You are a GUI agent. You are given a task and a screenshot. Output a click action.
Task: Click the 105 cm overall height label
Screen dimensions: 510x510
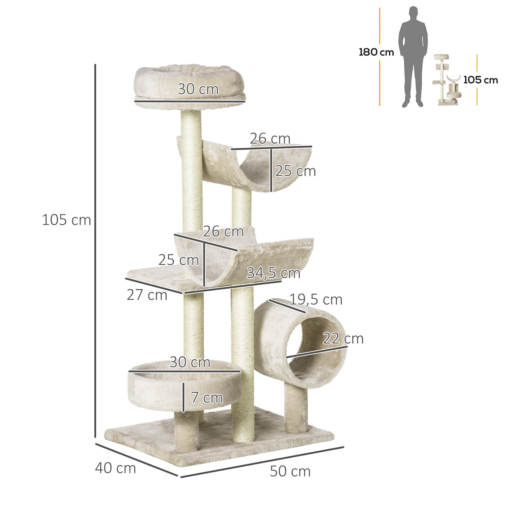(66, 220)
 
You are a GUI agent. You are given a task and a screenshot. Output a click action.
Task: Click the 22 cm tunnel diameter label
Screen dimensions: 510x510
(343, 339)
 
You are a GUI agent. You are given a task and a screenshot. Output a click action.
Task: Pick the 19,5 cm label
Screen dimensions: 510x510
(316, 300)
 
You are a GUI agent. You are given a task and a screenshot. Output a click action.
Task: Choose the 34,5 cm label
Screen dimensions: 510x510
(273, 273)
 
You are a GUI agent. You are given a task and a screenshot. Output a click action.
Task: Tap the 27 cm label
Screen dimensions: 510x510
(147, 295)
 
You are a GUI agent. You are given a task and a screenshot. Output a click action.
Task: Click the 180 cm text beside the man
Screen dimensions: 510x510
(376, 52)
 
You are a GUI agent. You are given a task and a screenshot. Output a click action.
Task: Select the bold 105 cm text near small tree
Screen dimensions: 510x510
(480, 80)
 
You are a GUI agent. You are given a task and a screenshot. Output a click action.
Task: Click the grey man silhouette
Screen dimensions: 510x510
(413, 57)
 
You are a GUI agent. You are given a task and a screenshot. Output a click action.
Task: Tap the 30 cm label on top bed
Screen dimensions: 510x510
(198, 89)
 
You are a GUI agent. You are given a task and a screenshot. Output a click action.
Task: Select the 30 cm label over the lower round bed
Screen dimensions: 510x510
(190, 362)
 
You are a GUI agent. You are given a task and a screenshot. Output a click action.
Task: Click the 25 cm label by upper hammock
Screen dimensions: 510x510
(295, 171)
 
